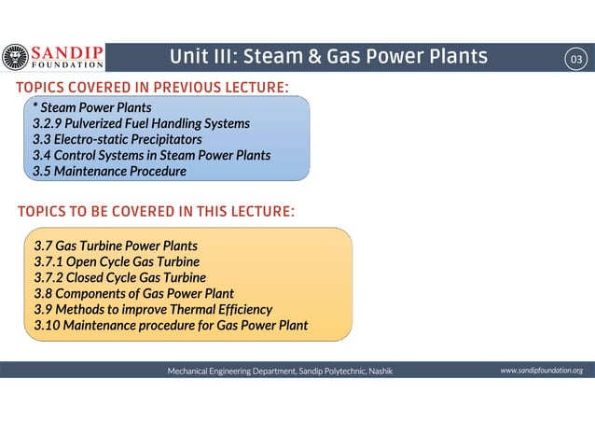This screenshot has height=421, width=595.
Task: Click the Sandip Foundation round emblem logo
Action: (16, 58)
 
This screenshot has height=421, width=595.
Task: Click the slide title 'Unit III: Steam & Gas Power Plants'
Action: (328, 58)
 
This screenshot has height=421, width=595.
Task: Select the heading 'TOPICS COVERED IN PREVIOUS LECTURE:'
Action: (152, 88)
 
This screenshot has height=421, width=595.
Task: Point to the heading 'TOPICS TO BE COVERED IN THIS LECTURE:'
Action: (156, 212)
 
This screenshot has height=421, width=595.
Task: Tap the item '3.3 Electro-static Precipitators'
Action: (117, 139)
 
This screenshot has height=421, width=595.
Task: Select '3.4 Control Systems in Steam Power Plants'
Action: (151, 155)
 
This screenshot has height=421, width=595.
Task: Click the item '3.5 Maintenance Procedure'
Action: (109, 171)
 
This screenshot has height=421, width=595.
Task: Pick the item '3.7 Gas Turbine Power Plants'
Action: (116, 246)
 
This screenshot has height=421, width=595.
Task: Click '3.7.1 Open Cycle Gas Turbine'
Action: (117, 261)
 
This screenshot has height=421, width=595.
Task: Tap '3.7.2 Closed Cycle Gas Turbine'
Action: (120, 277)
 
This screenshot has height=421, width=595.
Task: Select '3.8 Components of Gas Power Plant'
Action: (134, 293)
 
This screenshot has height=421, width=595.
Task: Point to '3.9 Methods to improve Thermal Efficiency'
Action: (153, 309)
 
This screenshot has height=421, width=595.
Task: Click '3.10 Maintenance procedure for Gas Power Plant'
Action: (171, 325)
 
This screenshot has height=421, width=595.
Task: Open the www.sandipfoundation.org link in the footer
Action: (541, 371)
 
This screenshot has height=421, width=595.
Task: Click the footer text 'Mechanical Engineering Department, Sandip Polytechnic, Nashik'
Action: (280, 372)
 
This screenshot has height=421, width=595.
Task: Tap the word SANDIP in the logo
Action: (68, 51)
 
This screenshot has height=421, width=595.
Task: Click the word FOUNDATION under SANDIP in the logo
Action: (68, 65)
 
